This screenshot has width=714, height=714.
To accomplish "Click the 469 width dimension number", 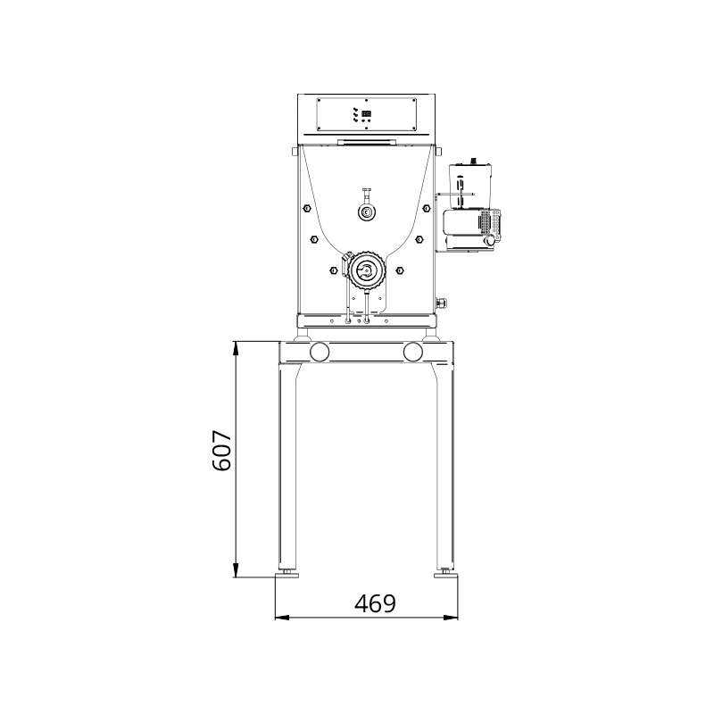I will (x=375, y=603).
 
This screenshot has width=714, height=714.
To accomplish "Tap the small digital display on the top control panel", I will (x=367, y=114).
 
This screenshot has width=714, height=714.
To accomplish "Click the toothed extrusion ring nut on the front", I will (x=365, y=269).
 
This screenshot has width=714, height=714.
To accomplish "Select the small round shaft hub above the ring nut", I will (x=367, y=212).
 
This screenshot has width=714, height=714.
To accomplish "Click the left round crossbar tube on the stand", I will (x=319, y=352).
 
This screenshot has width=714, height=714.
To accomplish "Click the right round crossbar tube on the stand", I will (x=412, y=352).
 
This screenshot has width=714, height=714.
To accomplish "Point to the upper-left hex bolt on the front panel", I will (x=306, y=209).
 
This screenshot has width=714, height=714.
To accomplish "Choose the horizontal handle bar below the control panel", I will (x=367, y=141).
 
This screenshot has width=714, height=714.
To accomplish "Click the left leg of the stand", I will (x=287, y=464).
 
